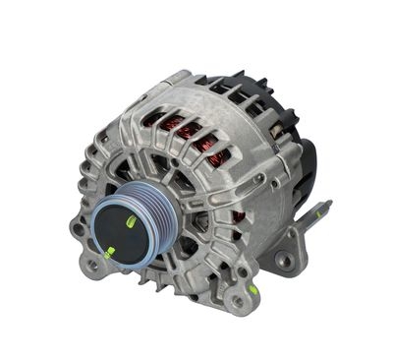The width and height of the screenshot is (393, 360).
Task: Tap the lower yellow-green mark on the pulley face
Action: click(x=109, y=252)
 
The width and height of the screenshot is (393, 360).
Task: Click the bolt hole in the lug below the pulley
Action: click(x=93, y=265)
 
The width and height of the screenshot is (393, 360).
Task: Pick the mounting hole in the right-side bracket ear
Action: click(x=284, y=261)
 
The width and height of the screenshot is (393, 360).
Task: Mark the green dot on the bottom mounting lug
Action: click(x=253, y=291)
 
